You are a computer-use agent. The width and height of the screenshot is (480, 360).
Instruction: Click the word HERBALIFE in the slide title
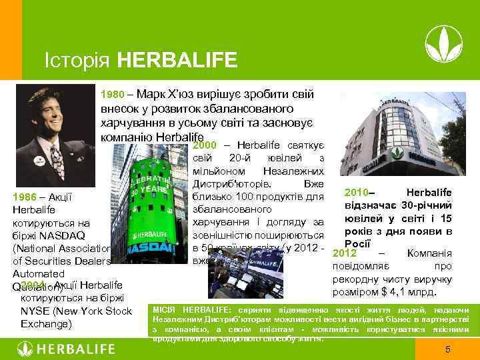tap(177, 61)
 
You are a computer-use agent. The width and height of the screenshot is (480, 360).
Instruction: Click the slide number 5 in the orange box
tap(448, 349)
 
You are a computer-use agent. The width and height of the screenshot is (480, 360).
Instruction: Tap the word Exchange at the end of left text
tap(46, 324)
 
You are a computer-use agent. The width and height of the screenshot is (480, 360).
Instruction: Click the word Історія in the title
tap(77, 61)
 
